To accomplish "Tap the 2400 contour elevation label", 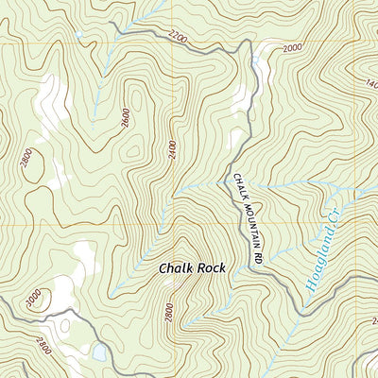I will tap(173, 149).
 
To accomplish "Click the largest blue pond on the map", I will tap(98, 353).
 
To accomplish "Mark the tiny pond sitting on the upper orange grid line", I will tap(77, 38).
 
